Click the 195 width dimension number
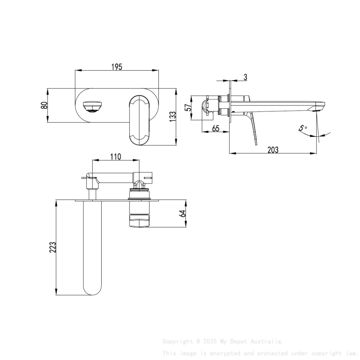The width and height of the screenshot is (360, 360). click(117, 67)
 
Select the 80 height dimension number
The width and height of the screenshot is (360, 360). click(44, 105)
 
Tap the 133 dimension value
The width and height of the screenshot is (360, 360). click(172, 117)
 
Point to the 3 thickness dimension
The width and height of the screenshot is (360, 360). click(245, 77)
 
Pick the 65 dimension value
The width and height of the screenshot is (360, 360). click(216, 128)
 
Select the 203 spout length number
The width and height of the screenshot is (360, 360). click(273, 150)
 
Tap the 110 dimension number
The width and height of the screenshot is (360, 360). click(116, 157)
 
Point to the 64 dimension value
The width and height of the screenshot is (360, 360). click(183, 213)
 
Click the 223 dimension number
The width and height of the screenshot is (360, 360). click(53, 247)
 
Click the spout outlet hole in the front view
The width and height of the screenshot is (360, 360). click(92, 106)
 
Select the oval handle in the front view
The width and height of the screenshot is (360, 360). click(138, 120)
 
